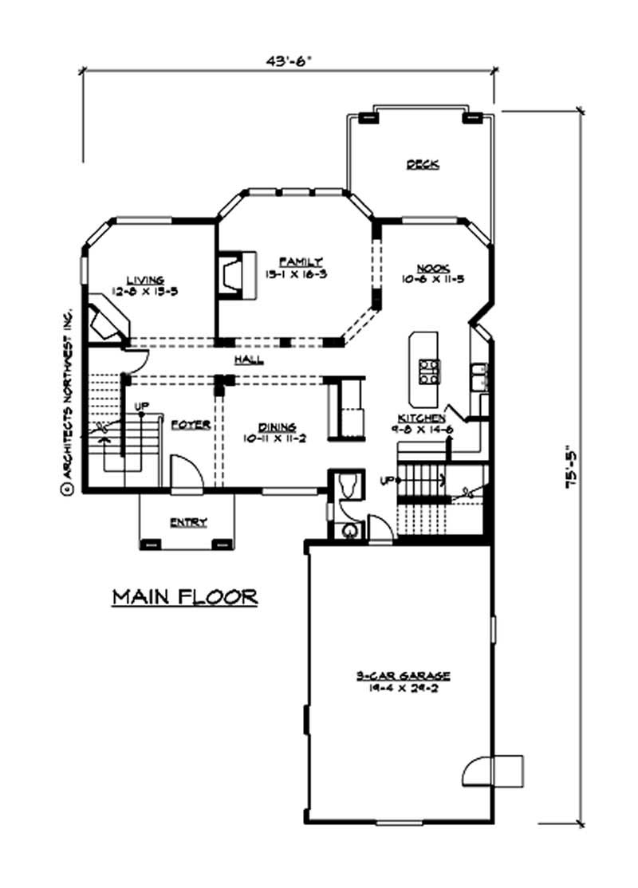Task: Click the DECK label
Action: pos(423,164)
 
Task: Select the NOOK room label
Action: pos(434,269)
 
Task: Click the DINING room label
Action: pos(277,427)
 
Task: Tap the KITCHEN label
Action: pos(422,418)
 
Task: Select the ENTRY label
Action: pos(188,523)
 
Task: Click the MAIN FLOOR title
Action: pos(184,596)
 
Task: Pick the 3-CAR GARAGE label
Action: pos(403,676)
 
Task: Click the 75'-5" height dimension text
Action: pos(571,470)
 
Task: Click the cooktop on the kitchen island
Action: pos(429,371)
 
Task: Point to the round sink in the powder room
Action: pos(349,530)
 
